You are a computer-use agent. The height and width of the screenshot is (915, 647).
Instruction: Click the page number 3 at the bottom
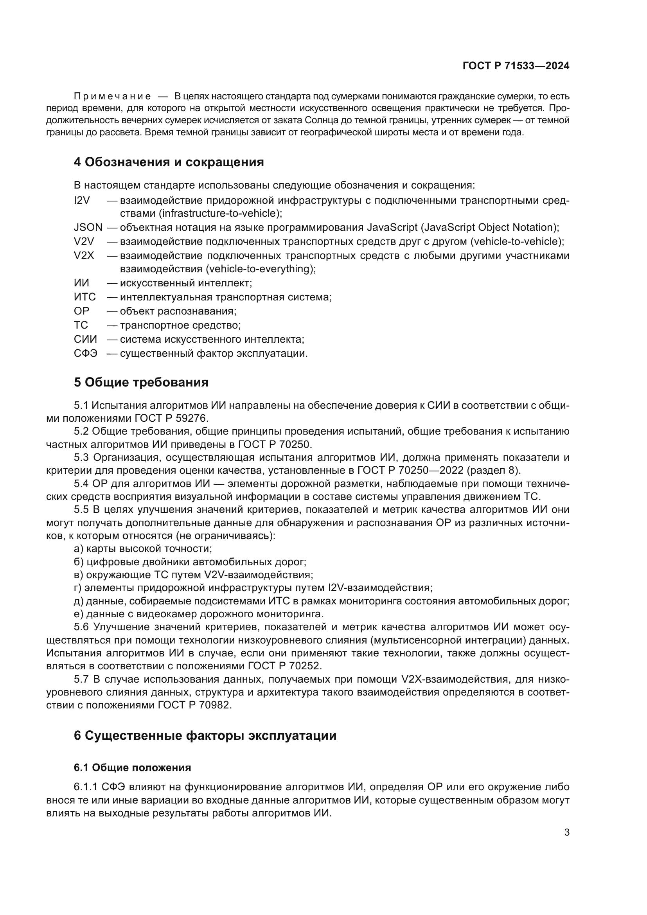click(566, 832)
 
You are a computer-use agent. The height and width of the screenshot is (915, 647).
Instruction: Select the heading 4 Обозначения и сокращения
click(169, 162)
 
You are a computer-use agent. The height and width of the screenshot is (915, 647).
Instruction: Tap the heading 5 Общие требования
click(141, 382)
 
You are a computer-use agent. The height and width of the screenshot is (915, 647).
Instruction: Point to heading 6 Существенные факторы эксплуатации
click(205, 735)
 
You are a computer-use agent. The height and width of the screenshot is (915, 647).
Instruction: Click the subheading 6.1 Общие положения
click(132, 768)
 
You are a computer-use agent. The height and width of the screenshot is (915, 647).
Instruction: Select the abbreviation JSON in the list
click(88, 228)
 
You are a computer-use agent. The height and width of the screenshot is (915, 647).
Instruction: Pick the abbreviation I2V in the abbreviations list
click(82, 200)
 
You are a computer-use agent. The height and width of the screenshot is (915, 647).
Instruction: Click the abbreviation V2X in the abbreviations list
click(84, 255)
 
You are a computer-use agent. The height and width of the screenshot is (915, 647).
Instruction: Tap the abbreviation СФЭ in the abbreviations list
click(85, 354)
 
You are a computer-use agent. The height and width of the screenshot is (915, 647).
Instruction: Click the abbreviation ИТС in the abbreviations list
click(85, 297)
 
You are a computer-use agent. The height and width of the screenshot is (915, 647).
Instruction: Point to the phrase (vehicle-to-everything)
click(261, 269)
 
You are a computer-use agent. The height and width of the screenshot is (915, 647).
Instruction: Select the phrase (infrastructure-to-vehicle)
click(220, 214)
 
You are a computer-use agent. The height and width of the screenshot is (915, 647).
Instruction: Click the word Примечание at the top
click(112, 97)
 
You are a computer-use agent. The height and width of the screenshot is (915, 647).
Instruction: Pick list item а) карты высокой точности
click(143, 549)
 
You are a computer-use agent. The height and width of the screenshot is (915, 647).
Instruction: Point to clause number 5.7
click(82, 679)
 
